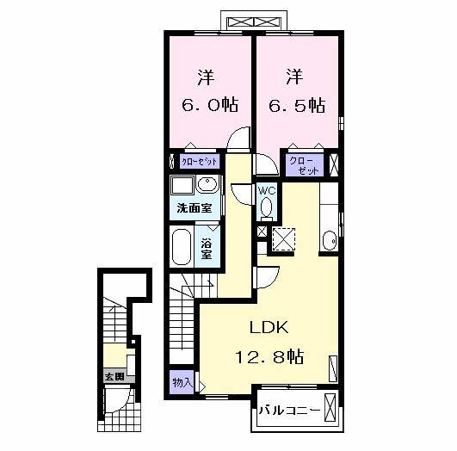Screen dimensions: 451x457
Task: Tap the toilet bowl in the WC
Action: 267,207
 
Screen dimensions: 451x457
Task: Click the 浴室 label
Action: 207,248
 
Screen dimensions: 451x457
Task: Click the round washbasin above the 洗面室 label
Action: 207,185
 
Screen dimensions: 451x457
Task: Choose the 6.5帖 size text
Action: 294,105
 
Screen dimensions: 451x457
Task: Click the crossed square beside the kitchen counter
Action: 282,238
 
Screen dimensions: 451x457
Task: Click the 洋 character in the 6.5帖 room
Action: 293,77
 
